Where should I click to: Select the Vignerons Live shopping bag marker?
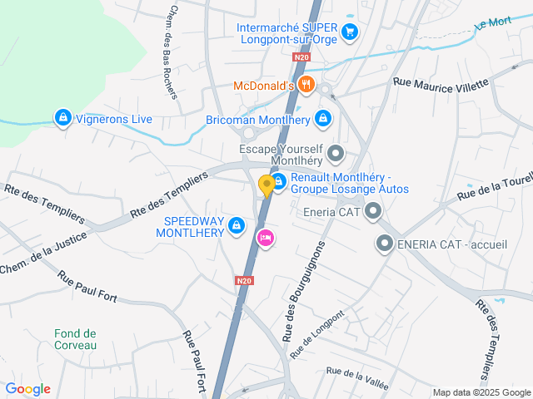(x=62, y=119)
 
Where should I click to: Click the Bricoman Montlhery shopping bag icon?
(x=322, y=119)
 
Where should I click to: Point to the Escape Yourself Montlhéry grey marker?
(x=336, y=153)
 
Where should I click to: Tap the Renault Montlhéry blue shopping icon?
(x=279, y=180)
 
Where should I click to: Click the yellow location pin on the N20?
(x=266, y=185)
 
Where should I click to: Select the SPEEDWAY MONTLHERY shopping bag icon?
(x=237, y=224)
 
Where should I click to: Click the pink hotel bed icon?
(x=266, y=239)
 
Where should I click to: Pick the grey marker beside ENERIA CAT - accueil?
(x=385, y=244)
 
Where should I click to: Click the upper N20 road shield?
(x=301, y=57)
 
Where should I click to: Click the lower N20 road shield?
(x=243, y=281)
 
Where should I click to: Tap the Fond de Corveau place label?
(x=76, y=339)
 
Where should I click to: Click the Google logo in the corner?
(x=27, y=389)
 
